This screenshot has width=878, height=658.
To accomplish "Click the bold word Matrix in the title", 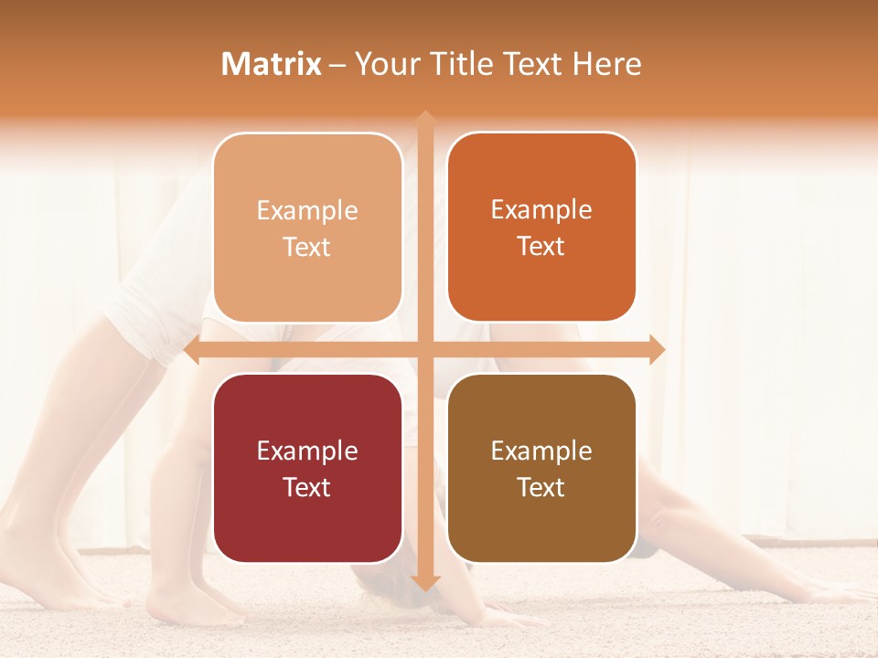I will pyautogui.click(x=272, y=64).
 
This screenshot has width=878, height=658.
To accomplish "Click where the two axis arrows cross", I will pyautogui.click(x=425, y=349).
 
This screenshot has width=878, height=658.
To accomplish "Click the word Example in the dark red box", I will pyautogui.click(x=307, y=451).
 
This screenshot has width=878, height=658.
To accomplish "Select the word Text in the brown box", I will pyautogui.click(x=541, y=487).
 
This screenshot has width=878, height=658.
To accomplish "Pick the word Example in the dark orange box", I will pyautogui.click(x=541, y=209).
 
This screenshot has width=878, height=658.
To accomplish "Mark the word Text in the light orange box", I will pyautogui.click(x=307, y=247).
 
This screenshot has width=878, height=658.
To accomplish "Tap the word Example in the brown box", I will pyautogui.click(x=541, y=451).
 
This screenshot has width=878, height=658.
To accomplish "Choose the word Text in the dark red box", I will pyautogui.click(x=307, y=487).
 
